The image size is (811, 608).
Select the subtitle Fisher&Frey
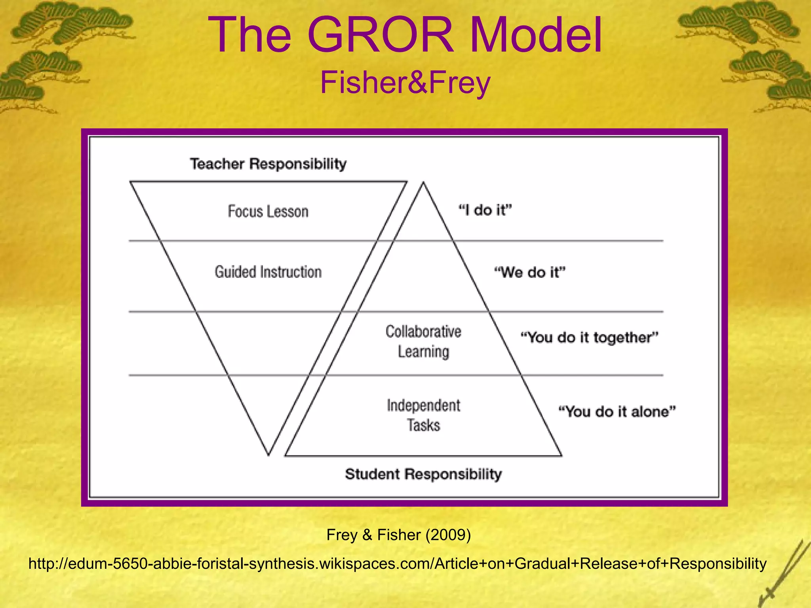405,82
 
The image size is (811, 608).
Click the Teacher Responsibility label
268,163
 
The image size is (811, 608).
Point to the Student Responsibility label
423,474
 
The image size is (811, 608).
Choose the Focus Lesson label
268,211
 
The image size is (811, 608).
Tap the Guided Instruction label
268,272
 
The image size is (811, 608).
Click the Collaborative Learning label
423,341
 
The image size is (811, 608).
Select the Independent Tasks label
423,415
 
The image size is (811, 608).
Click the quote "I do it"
485,210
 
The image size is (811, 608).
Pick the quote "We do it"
530,272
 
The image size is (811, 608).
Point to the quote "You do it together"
589,337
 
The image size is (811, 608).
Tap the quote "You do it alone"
617,411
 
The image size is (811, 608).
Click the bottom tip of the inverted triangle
268,455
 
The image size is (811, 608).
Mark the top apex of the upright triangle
423,182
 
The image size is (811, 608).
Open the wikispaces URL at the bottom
398,563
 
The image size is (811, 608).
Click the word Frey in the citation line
342,535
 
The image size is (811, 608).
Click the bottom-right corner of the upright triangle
561,456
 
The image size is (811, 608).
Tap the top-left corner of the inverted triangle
131,182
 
